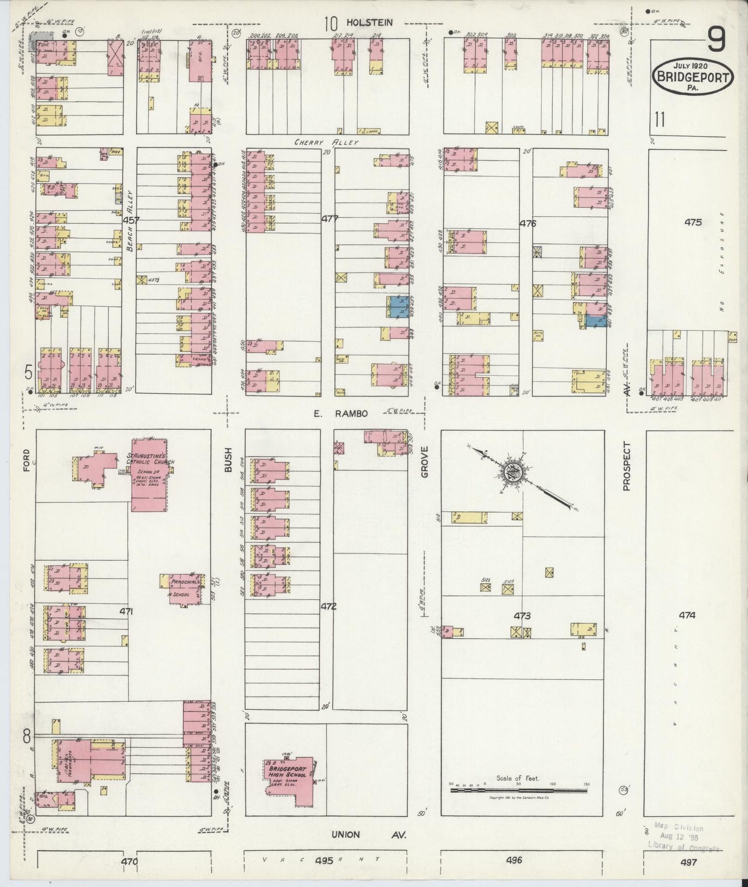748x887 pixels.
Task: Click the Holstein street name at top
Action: (x=370, y=23)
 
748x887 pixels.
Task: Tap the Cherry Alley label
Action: (x=327, y=142)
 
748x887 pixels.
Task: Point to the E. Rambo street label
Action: (x=340, y=413)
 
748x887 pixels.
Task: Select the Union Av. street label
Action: (x=369, y=835)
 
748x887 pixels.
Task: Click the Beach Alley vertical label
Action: (x=130, y=220)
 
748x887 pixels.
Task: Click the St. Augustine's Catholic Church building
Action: (x=150, y=474)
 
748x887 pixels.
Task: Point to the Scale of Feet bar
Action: (x=518, y=790)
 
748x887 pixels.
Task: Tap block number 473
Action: (x=522, y=616)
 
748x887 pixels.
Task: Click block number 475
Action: (x=693, y=223)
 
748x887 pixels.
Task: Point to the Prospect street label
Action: (x=627, y=466)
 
